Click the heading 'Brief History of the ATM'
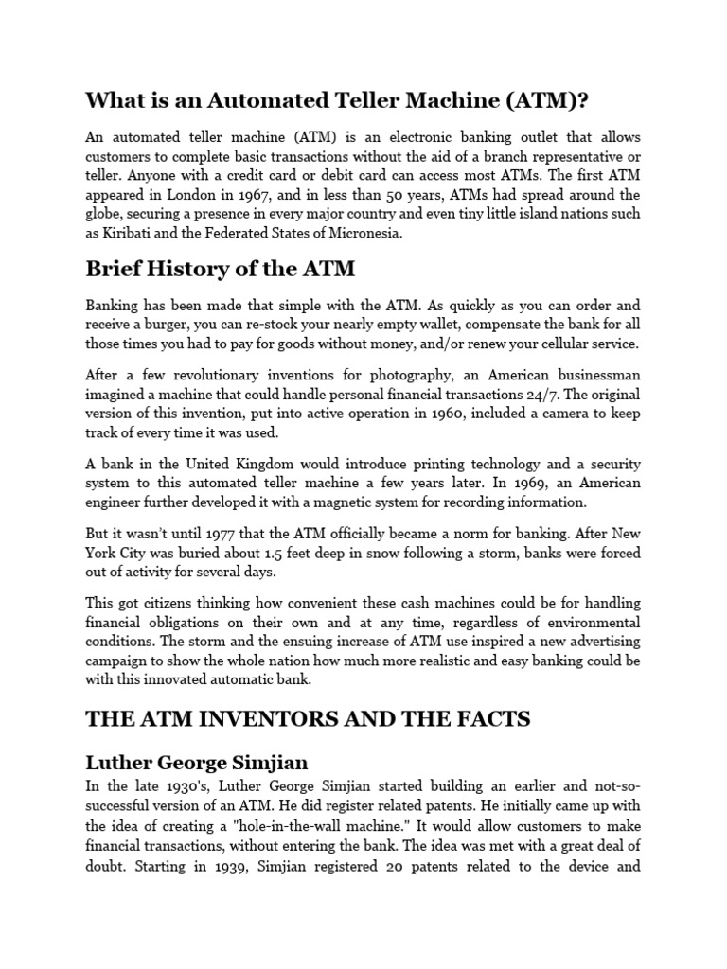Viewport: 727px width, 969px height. pos(220,269)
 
